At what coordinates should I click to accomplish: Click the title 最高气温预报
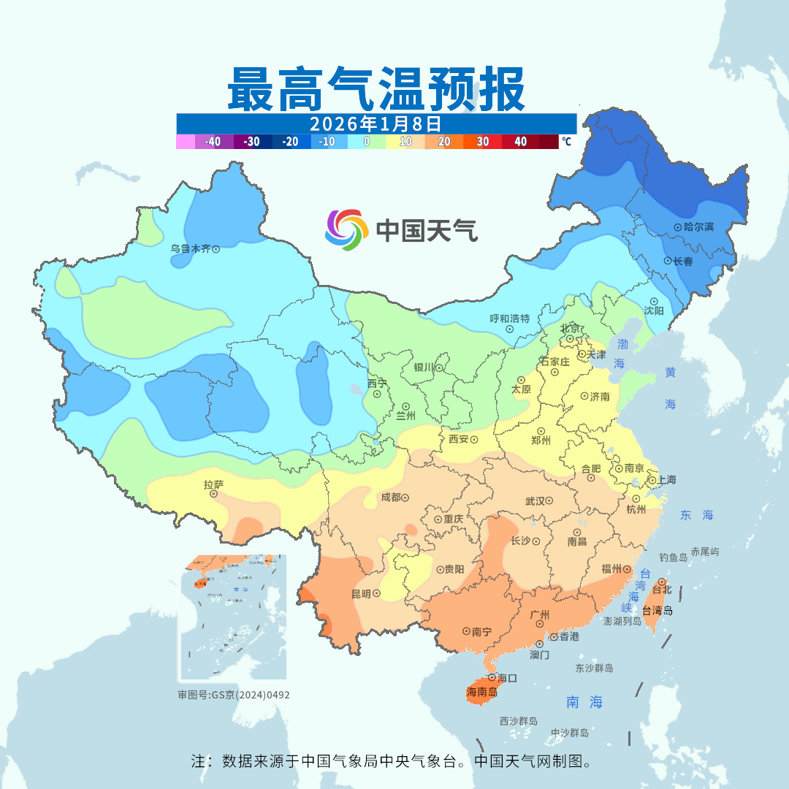pyautogui.click(x=376, y=88)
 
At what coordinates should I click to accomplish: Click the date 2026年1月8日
pyautogui.click(x=376, y=123)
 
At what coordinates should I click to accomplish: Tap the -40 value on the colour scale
pyautogui.click(x=213, y=142)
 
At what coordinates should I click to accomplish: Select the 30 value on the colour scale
pyautogui.click(x=483, y=142)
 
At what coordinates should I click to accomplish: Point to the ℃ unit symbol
pyautogui.click(x=566, y=142)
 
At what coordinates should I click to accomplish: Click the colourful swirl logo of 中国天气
pyautogui.click(x=346, y=230)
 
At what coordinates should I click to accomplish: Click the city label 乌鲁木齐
pyautogui.click(x=191, y=248)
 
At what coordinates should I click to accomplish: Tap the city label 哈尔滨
pyautogui.click(x=698, y=227)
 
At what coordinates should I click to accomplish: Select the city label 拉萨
pyautogui.click(x=213, y=484)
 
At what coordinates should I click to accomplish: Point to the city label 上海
pyautogui.click(x=666, y=479)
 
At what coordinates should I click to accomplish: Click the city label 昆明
pyautogui.click(x=362, y=593)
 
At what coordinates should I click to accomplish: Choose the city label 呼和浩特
pyautogui.click(x=509, y=319)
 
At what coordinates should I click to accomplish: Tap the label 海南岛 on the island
pyautogui.click(x=481, y=691)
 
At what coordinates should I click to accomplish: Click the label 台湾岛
pyautogui.click(x=657, y=611)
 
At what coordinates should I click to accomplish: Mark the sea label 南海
pyautogui.click(x=585, y=702)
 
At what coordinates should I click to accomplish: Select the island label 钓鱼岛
pyautogui.click(x=673, y=557)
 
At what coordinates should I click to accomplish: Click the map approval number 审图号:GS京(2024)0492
pyautogui.click(x=234, y=695)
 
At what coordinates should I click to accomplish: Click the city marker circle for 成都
pyautogui.click(x=405, y=498)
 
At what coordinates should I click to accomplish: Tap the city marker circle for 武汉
pyautogui.click(x=549, y=501)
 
